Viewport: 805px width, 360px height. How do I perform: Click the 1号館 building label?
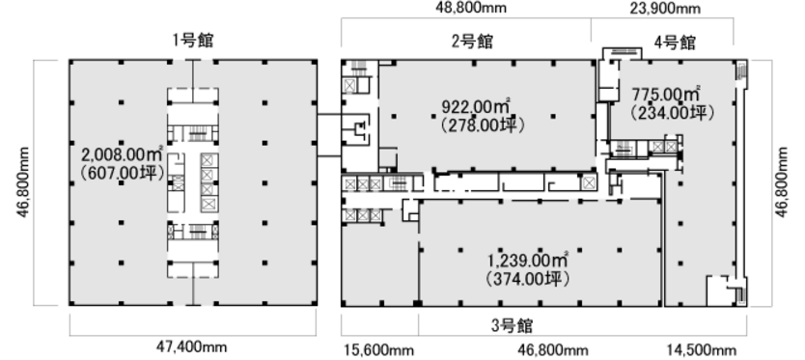192,41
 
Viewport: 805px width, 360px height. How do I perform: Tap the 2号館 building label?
472,42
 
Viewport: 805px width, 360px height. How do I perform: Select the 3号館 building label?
512,325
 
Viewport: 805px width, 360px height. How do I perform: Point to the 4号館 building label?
675,42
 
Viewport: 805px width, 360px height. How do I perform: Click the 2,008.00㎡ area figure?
123,153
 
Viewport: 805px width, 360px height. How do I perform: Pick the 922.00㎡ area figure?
476,106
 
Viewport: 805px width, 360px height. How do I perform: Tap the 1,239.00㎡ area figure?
528,261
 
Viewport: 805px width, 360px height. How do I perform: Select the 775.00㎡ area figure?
666,95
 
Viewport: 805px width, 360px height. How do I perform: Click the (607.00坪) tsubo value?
123,173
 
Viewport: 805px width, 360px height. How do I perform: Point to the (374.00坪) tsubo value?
527,279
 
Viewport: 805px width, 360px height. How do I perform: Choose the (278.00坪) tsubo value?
484,125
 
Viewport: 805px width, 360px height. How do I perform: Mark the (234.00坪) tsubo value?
673,113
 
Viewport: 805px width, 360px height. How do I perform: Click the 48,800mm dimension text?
471,8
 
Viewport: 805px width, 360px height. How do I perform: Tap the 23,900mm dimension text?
665,9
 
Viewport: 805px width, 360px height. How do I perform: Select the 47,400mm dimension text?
191,347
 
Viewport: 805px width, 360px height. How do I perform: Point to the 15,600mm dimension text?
378,350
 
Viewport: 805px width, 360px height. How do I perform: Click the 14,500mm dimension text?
702,350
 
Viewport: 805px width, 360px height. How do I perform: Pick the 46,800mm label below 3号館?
552,350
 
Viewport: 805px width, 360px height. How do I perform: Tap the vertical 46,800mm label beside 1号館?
23,181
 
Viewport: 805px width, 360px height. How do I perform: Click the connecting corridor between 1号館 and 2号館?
329,135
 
